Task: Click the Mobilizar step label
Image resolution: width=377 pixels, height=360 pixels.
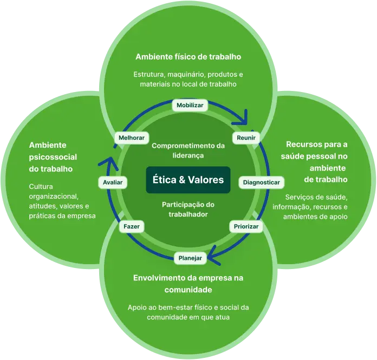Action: (190, 106)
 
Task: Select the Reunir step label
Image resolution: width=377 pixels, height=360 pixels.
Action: (246, 138)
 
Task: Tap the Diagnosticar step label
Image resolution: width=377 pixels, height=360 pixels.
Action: (261, 182)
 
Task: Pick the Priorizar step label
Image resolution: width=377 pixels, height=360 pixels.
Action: (246, 226)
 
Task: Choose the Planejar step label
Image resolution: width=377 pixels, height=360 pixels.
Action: (190, 258)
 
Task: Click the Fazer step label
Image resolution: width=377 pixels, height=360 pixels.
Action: (132, 226)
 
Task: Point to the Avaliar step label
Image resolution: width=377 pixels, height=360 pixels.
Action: (113, 182)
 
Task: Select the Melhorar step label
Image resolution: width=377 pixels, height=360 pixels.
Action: (131, 138)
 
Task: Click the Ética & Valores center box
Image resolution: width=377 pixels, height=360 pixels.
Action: (188, 180)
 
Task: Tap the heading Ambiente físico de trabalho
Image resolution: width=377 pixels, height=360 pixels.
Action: (188, 56)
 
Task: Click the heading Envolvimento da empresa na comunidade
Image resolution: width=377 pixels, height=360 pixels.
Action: (188, 284)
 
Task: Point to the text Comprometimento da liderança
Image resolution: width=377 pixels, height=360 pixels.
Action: (188, 150)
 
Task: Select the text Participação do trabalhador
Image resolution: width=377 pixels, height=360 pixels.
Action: (188, 209)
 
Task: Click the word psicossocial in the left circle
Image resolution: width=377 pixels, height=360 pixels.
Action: (53, 157)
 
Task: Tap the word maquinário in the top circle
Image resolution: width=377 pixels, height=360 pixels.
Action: (185, 74)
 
